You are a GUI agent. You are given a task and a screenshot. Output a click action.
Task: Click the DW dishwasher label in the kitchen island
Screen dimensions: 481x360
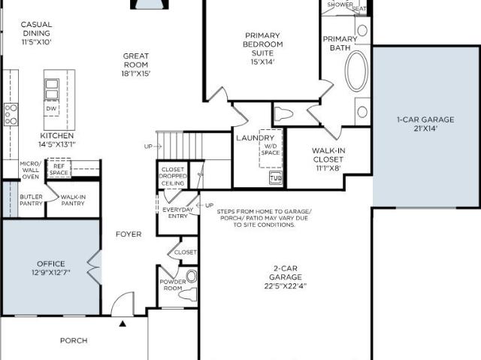(x=51, y=108)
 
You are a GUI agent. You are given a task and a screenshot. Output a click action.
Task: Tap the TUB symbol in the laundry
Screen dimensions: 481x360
(x=276, y=178)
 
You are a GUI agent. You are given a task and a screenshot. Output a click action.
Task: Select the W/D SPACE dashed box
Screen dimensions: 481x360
(x=271, y=149)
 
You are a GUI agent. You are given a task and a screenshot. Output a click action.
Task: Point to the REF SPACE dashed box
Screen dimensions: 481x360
(x=59, y=168)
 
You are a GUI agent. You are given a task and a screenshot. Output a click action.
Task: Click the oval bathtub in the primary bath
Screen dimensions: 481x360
(x=356, y=71)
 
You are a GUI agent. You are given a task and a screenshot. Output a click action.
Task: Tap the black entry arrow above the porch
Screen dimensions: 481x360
(x=123, y=323)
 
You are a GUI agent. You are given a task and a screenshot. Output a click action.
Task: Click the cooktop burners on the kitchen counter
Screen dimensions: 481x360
(x=11, y=114)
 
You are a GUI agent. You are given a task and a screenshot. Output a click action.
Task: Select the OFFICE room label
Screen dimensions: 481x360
(x=51, y=264)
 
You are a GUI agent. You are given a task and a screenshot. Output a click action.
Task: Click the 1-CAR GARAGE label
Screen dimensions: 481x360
(x=425, y=119)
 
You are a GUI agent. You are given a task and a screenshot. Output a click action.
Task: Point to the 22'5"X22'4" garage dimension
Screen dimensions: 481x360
(x=286, y=286)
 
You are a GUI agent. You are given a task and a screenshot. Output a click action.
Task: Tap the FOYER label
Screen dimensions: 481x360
(x=129, y=234)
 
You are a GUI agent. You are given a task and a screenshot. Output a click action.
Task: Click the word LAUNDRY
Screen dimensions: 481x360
(x=255, y=138)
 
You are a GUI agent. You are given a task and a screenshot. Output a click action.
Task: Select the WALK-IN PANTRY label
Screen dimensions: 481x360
(x=73, y=200)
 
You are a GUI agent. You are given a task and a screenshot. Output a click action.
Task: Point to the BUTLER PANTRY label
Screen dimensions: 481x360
(x=31, y=200)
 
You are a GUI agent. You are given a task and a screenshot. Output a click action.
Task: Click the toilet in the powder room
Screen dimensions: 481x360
(x=187, y=295)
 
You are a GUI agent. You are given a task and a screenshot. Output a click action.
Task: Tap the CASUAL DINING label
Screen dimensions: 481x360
(x=36, y=29)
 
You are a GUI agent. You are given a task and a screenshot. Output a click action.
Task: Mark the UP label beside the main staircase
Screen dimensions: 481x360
(x=148, y=147)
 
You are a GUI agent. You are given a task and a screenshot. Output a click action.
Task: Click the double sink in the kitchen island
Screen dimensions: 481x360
(x=52, y=89)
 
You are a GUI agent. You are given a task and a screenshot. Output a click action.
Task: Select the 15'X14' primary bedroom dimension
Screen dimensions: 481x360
(x=262, y=62)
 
